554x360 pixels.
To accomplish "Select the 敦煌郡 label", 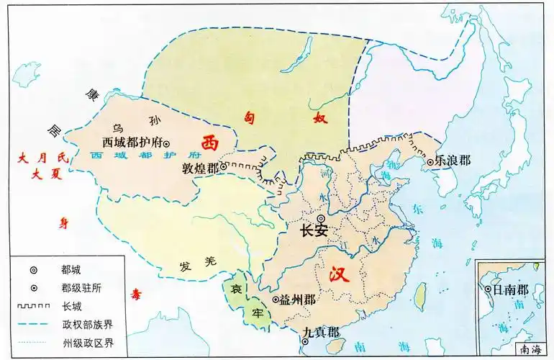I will click(199, 167).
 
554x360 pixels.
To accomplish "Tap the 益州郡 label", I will click(297, 299).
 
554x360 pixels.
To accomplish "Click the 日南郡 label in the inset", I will click(507, 290).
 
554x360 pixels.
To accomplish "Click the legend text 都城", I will click(72, 270).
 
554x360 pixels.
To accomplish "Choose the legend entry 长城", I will click(72, 305).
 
